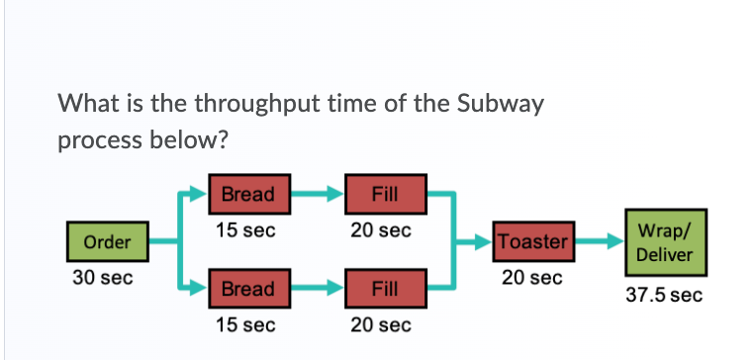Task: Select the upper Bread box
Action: [247, 194]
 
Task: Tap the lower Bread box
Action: [247, 290]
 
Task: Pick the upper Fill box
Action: [385, 194]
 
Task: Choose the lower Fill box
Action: [385, 290]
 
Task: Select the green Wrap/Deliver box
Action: [664, 241]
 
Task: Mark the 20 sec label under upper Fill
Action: [380, 230]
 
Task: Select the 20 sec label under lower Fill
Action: [380, 324]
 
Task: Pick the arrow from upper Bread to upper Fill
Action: [315, 194]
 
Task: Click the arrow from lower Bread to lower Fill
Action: [315, 290]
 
